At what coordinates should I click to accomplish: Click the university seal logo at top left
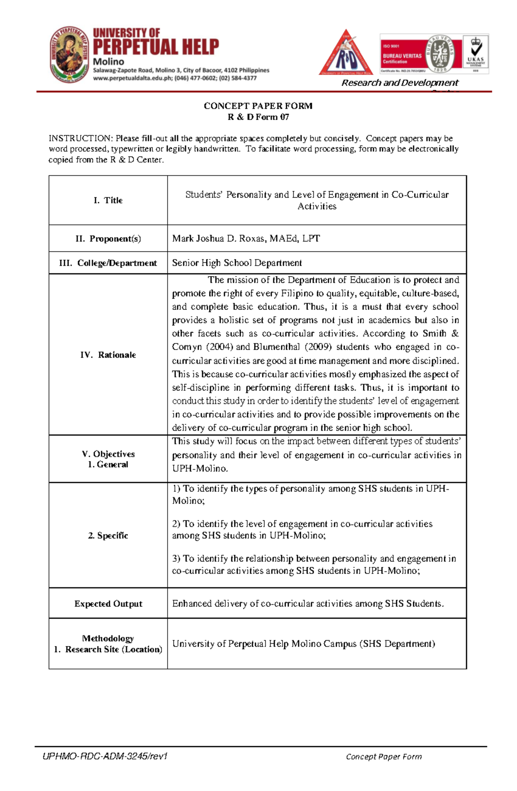coord(69,54)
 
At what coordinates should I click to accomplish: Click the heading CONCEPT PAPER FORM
coord(258,106)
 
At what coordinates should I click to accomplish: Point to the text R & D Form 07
coord(258,117)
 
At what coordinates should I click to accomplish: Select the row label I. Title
coord(108,200)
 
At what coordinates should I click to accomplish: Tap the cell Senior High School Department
coord(237,263)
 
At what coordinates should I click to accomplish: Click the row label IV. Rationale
coord(108,355)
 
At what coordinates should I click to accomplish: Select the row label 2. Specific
coord(108,535)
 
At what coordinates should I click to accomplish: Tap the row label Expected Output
coord(108,603)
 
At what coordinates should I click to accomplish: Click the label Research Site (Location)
coord(114,649)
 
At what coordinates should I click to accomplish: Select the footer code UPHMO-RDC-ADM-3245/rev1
coord(105,756)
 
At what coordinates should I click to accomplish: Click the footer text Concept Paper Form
coord(383,757)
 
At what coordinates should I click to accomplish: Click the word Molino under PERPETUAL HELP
coord(109,62)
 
